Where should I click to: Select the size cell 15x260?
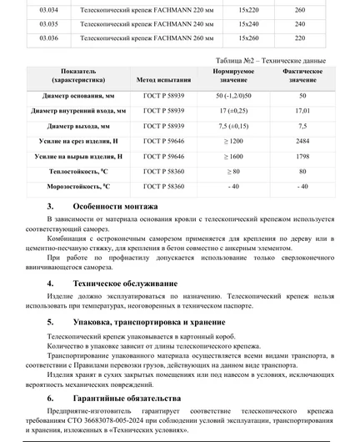(248, 38)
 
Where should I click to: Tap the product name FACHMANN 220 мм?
(130, 11)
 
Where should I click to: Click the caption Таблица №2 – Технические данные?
(275, 62)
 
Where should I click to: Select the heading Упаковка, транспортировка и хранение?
(150, 321)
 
